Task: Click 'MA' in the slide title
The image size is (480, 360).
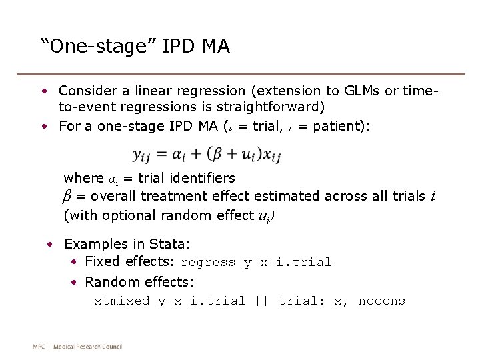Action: [215, 46]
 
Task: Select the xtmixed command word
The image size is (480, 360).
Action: [122, 301]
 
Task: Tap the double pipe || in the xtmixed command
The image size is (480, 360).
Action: [261, 301]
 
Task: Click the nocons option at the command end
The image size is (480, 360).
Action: [381, 301]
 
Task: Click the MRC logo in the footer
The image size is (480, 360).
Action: [40, 346]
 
